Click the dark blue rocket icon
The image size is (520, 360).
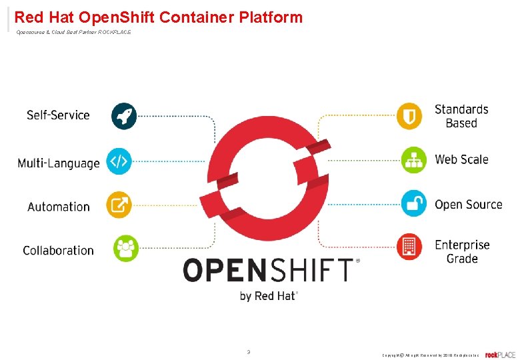coord(123,116)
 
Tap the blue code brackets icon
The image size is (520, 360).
coord(119,161)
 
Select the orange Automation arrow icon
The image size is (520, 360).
coord(119,205)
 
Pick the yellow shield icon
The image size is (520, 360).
coord(409,116)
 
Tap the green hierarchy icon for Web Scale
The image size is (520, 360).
coord(413,160)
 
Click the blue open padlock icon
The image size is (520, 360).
coord(413,203)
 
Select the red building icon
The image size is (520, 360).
coord(409,247)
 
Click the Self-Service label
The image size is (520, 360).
coord(58,115)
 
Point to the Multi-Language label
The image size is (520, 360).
coord(59,163)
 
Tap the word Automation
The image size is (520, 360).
coord(59,207)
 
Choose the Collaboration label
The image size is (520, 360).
coord(58,251)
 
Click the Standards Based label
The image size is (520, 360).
coord(461,116)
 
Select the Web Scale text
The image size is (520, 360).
coord(461,159)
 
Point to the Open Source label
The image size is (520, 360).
coord(468,205)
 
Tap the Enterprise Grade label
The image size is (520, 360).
coord(462,251)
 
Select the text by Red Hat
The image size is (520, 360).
coord(269,296)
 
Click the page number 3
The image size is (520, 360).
coord(249,351)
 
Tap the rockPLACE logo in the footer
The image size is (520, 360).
coord(500,355)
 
